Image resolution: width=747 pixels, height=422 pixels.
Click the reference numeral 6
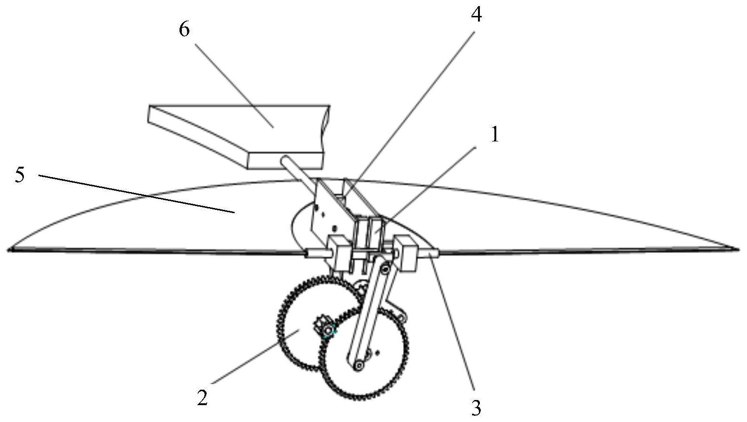tap(184, 30)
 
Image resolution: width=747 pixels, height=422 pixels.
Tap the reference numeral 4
tap(476, 15)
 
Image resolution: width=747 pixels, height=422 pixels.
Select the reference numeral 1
tap(495, 135)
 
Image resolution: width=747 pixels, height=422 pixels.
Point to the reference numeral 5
tap(20, 175)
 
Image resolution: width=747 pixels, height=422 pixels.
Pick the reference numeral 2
tap(202, 398)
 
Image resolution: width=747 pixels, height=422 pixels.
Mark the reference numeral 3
tap(476, 407)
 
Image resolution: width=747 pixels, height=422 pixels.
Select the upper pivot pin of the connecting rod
tap(386, 269)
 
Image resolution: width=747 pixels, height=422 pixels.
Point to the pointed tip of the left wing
tap(9, 250)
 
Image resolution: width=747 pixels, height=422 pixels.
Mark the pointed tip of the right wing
tap(738, 249)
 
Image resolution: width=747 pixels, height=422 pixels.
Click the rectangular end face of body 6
tap(285, 161)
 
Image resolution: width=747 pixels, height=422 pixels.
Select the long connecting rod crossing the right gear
tap(372, 317)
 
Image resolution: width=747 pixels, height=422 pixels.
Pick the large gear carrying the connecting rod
tap(364, 353)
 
